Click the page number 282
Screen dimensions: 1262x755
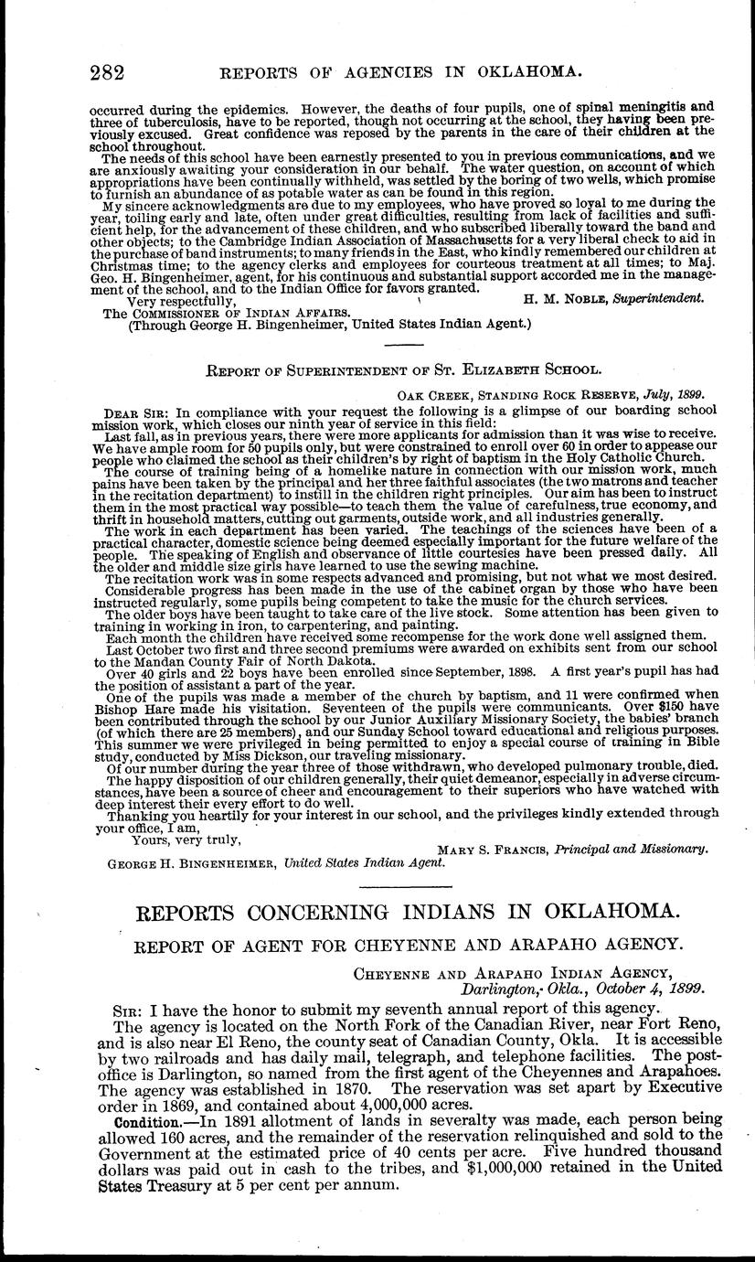point(107,71)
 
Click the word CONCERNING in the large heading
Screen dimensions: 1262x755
point(362,913)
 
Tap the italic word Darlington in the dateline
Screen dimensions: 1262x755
point(501,989)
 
